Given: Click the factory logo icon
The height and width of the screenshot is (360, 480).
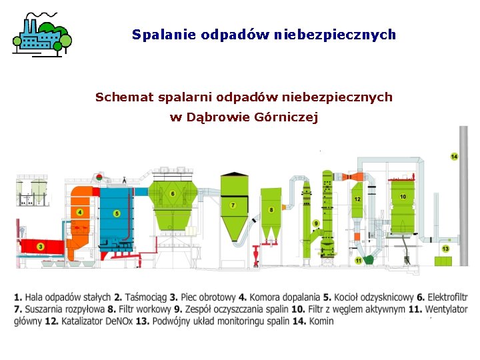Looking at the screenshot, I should [x=41, y=34].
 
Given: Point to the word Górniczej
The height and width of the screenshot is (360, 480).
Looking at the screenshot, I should [x=284, y=117].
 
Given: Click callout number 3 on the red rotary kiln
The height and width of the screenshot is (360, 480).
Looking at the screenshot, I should [x=41, y=247].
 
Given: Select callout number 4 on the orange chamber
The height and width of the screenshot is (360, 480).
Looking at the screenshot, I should [x=80, y=212].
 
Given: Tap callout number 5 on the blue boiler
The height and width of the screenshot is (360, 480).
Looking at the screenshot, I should [x=117, y=213].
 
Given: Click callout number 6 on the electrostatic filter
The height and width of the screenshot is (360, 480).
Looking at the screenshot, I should [x=173, y=193].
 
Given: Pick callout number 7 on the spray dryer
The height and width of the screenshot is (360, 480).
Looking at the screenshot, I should [x=233, y=205].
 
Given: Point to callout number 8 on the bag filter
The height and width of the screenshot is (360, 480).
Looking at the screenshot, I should [x=271, y=210].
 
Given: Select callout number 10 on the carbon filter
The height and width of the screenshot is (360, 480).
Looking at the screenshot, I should [x=403, y=197].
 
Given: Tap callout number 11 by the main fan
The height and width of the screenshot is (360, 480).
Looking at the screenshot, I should [x=358, y=260].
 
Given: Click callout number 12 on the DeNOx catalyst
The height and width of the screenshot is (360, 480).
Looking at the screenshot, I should [x=357, y=199].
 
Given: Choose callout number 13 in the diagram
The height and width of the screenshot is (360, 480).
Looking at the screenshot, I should [x=445, y=249].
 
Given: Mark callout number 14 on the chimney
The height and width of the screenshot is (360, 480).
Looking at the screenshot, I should [x=454, y=157].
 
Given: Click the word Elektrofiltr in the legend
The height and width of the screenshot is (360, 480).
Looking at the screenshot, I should [x=447, y=297].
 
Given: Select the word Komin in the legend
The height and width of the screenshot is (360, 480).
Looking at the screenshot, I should [x=321, y=321].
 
